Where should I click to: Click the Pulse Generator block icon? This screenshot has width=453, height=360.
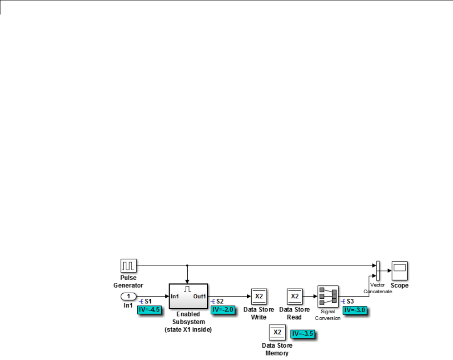[127, 266]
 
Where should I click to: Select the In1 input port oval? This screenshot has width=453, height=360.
[129, 296]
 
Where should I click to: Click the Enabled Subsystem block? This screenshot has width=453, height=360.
[188, 296]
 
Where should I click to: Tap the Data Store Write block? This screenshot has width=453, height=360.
[259, 296]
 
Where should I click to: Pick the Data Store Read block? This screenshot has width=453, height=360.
[294, 296]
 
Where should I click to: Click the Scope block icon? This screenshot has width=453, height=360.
[399, 271]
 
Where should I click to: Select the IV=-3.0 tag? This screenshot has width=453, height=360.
[354, 311]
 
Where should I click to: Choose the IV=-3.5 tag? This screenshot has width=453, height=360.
[303, 334]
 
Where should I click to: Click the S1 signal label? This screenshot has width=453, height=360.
[148, 301]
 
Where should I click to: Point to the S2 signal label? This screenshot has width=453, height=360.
[220, 301]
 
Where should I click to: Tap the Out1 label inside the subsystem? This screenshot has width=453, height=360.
[199, 296]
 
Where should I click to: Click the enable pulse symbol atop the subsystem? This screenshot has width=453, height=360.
[187, 288]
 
